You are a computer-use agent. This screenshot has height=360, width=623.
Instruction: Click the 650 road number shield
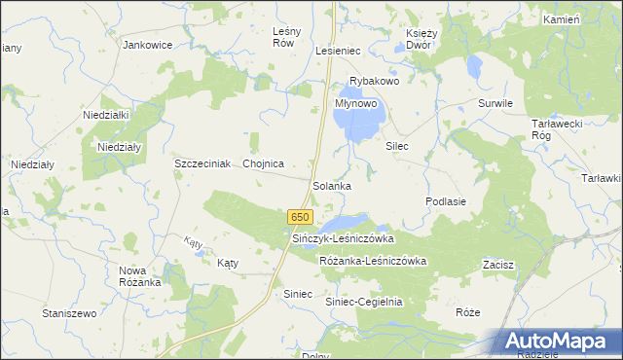[x=300, y=216]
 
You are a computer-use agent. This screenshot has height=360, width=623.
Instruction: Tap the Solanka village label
[x=332, y=185]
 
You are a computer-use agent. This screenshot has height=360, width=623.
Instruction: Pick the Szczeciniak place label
[x=202, y=163]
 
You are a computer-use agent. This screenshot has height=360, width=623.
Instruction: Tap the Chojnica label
[x=263, y=163]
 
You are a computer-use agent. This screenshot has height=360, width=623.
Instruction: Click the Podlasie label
[x=446, y=200]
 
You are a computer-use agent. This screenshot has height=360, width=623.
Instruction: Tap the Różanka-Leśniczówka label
[x=373, y=261]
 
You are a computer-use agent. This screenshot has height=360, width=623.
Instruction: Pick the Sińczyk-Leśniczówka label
[x=343, y=238]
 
